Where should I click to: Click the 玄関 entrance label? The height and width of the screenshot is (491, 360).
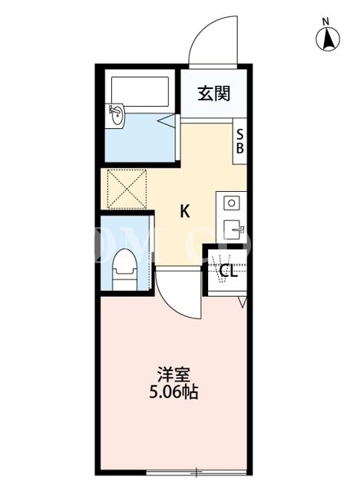tap(214, 93)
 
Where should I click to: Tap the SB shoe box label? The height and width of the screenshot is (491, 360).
tap(240, 142)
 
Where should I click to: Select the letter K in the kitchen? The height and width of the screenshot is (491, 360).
tap(185, 211)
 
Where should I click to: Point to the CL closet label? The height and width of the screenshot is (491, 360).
tap(229, 271)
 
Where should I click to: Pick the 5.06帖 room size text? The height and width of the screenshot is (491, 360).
tap(173, 392)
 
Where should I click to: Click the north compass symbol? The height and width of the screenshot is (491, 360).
tap(328, 40)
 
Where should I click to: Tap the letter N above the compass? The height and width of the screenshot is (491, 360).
tap(326, 21)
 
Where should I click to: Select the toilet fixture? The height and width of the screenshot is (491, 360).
tap(124, 269)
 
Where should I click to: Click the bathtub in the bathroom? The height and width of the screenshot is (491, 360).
tap(140, 92)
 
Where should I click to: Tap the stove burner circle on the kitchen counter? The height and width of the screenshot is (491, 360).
tap(232, 203)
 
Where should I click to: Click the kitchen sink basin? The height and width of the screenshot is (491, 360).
tap(232, 230)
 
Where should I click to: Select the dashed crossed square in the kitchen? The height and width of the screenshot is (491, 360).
tap(127, 189)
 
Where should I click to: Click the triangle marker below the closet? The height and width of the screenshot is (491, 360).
tap(243, 302)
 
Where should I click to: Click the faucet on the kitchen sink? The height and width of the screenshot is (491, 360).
tap(239, 229)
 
